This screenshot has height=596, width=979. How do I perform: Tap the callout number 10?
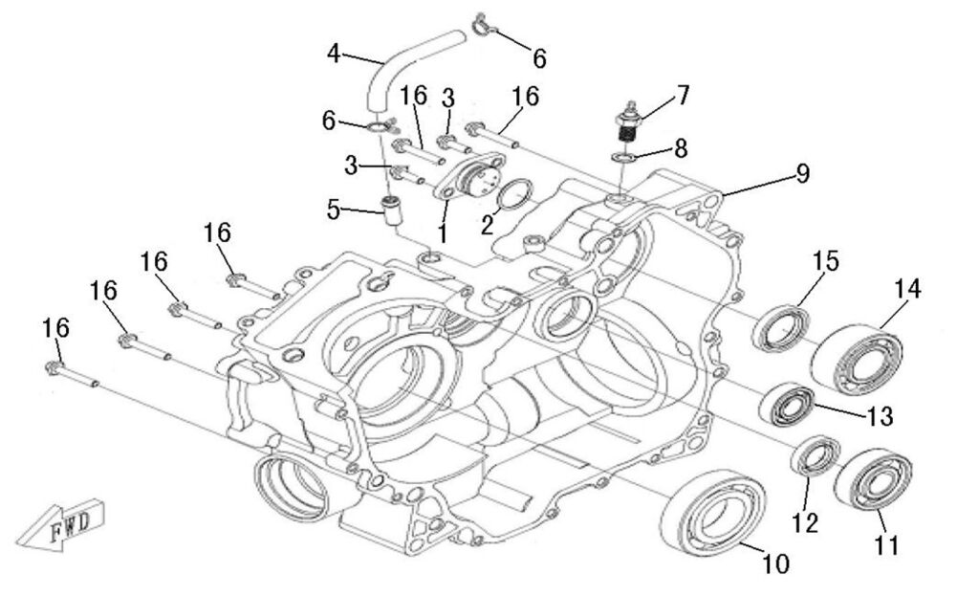pos(776,564)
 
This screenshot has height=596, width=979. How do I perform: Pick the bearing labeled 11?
pos(872,479)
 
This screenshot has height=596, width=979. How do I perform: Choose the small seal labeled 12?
pos(816,454)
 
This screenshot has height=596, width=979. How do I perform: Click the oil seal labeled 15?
pos(782,328)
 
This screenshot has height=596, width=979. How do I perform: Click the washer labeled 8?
pos(623,157)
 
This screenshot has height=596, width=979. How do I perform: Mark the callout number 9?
pos(803,173)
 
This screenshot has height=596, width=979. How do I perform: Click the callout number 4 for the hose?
pos(333,53)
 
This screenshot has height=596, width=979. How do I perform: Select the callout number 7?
pos(683,95)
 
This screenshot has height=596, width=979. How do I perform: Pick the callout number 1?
pos(443,233)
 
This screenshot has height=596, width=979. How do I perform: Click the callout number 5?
pos(333,209)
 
